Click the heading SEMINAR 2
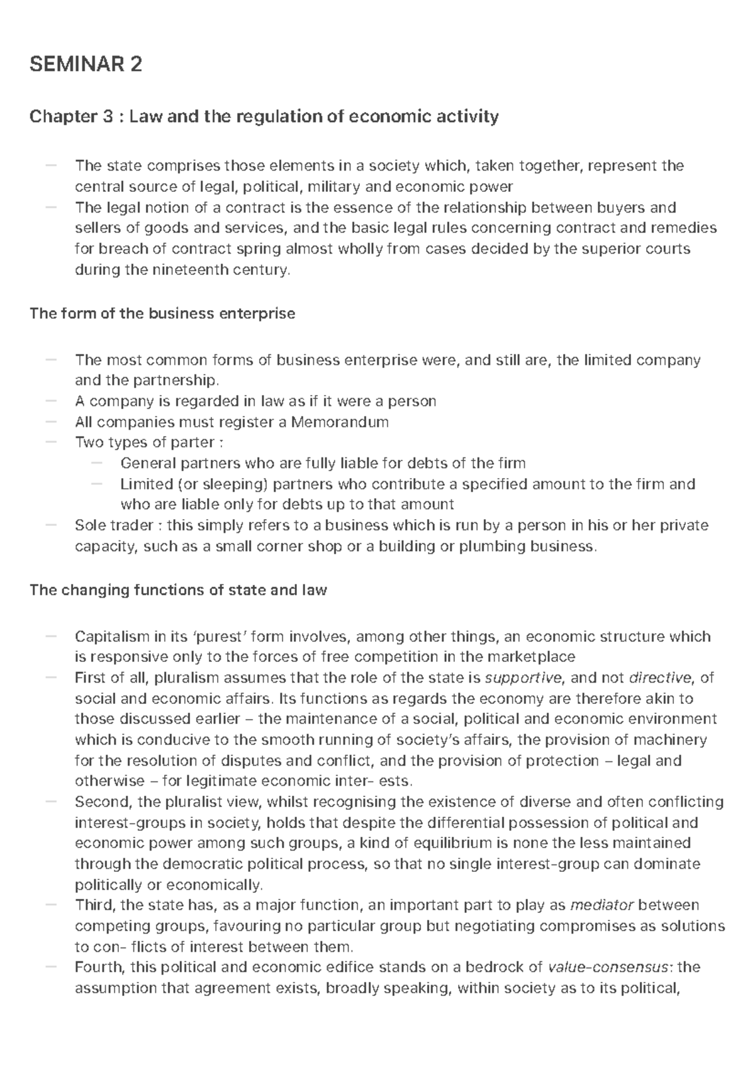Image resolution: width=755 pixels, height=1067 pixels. tap(86, 64)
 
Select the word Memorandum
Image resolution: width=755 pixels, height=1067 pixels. tap(340, 422)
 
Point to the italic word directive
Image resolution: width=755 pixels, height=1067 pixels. tap(659, 678)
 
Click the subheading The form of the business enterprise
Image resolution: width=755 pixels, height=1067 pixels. tap(162, 313)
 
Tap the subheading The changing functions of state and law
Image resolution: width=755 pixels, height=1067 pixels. tap(178, 590)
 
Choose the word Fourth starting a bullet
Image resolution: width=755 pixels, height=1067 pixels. tap(95, 968)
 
